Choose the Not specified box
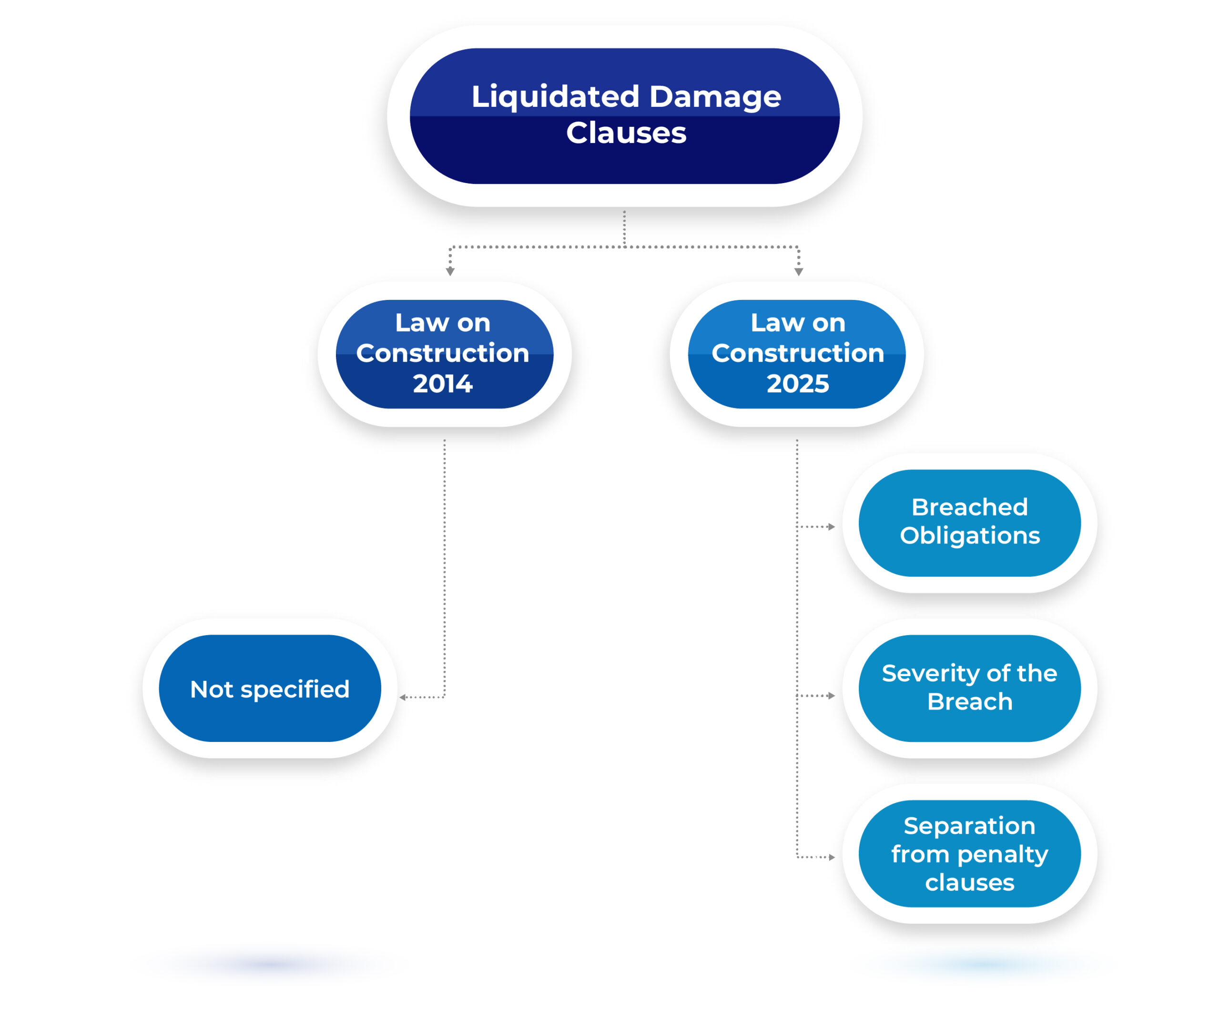(270, 688)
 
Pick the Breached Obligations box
(970, 523)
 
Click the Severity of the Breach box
(970, 688)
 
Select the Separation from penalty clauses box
(970, 854)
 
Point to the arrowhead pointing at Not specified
(403, 698)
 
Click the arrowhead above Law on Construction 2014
(450, 271)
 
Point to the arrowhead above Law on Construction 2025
(799, 271)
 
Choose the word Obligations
(970, 535)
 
